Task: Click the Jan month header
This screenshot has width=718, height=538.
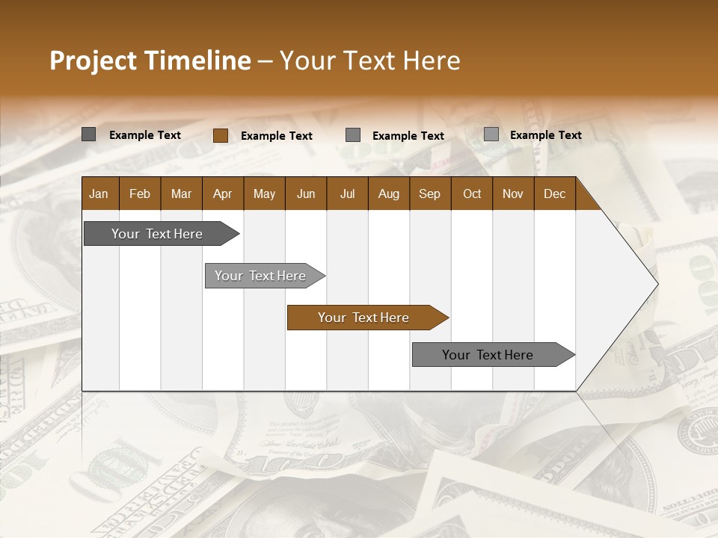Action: point(99,194)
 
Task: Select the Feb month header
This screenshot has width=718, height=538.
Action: point(140,194)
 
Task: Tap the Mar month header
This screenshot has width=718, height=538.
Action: point(181,194)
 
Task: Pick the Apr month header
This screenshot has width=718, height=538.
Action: point(223,194)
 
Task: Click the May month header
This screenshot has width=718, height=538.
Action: point(264,194)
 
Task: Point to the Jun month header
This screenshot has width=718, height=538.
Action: point(306,194)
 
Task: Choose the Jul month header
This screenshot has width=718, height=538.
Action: point(347,194)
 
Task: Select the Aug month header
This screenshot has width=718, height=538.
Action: point(389,194)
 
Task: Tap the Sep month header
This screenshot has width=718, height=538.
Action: point(430,194)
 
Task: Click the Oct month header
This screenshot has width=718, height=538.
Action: point(472,194)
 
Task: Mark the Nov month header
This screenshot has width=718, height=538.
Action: point(513,194)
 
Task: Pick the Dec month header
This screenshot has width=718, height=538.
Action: point(555,194)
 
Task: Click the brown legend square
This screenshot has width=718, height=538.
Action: point(220,135)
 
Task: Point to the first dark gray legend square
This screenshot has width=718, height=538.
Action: point(88,134)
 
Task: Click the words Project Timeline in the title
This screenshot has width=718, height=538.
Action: point(150,61)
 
